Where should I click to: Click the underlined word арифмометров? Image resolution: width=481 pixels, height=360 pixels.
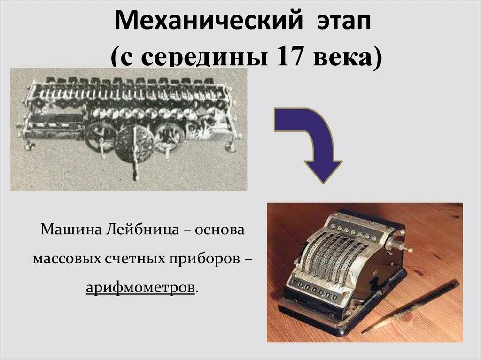pos(140,287)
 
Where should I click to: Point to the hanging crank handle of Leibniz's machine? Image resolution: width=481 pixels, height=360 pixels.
pos(135,164)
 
